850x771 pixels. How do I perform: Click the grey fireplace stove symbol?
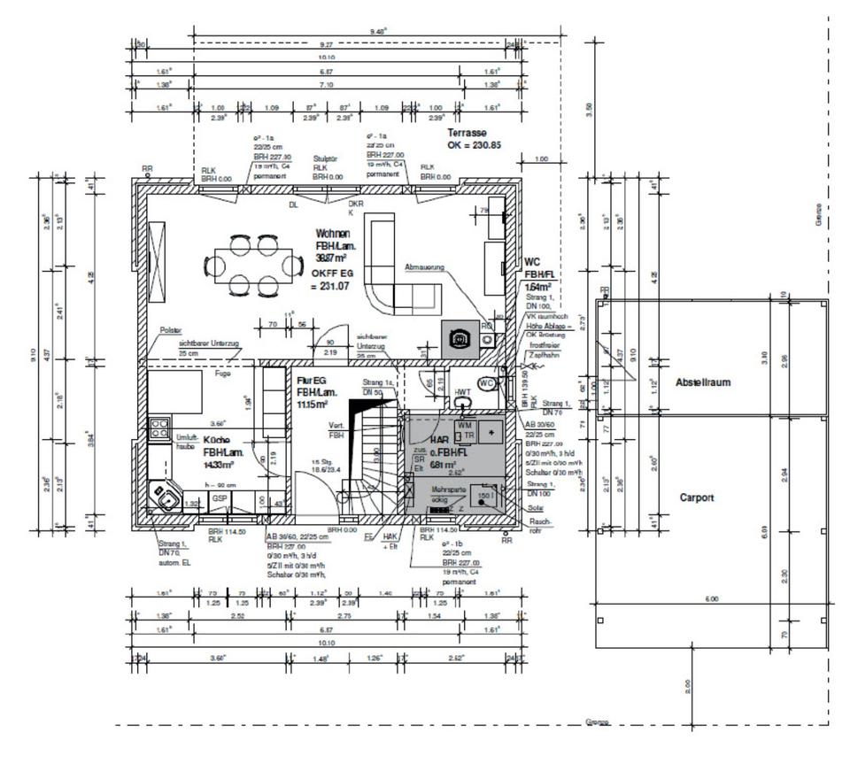pyautogui.click(x=459, y=336)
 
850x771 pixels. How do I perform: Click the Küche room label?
pyautogui.click(x=217, y=440)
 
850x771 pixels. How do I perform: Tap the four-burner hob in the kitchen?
pyautogui.click(x=159, y=428)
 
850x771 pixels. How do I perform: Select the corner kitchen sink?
pyautogui.click(x=165, y=497)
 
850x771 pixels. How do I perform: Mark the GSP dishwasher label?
pyautogui.click(x=219, y=499)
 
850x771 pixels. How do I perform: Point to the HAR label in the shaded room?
pyautogui.click(x=439, y=439)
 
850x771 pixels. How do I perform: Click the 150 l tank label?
pyautogui.click(x=484, y=496)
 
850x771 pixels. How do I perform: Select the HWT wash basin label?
pyautogui.click(x=462, y=392)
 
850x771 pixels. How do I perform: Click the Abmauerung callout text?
pyautogui.click(x=424, y=266)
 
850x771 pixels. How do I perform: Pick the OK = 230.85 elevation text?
pyautogui.click(x=475, y=144)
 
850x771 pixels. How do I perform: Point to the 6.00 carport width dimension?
pyautogui.click(x=711, y=599)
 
